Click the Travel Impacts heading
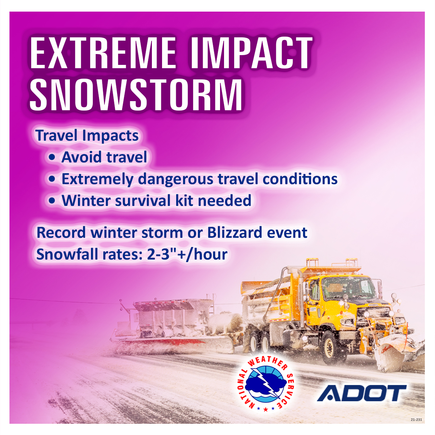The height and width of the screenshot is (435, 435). pos(87,136)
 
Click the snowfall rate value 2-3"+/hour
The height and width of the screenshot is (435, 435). pos(187,254)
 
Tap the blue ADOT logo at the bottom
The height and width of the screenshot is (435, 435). pos(361,393)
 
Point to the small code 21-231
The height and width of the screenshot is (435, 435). pos(416,420)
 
